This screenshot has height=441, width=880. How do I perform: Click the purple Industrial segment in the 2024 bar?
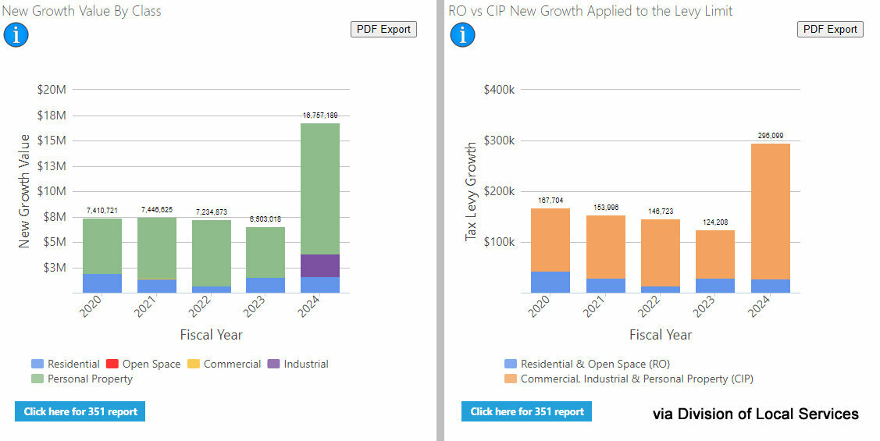(320, 265)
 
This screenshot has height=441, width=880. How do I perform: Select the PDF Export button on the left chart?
(383, 29)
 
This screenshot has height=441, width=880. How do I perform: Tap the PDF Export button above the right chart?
(830, 29)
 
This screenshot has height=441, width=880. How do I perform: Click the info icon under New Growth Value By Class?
(16, 34)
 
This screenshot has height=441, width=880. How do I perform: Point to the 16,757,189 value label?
(320, 116)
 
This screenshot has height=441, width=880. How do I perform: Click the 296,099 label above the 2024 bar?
(771, 136)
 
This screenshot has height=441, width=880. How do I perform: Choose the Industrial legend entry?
(297, 364)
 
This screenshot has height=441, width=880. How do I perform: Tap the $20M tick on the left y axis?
(52, 90)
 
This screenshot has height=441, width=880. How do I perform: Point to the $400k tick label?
(500, 90)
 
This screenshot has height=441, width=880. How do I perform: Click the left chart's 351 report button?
(80, 411)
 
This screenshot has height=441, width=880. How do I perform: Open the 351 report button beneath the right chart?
(526, 411)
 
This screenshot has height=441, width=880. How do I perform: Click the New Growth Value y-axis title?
(24, 191)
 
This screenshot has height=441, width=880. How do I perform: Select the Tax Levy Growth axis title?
(471, 191)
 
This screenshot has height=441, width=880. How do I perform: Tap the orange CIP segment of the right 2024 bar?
(771, 211)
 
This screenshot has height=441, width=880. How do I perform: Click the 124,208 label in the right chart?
(715, 223)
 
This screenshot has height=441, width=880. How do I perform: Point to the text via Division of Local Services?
(755, 414)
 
